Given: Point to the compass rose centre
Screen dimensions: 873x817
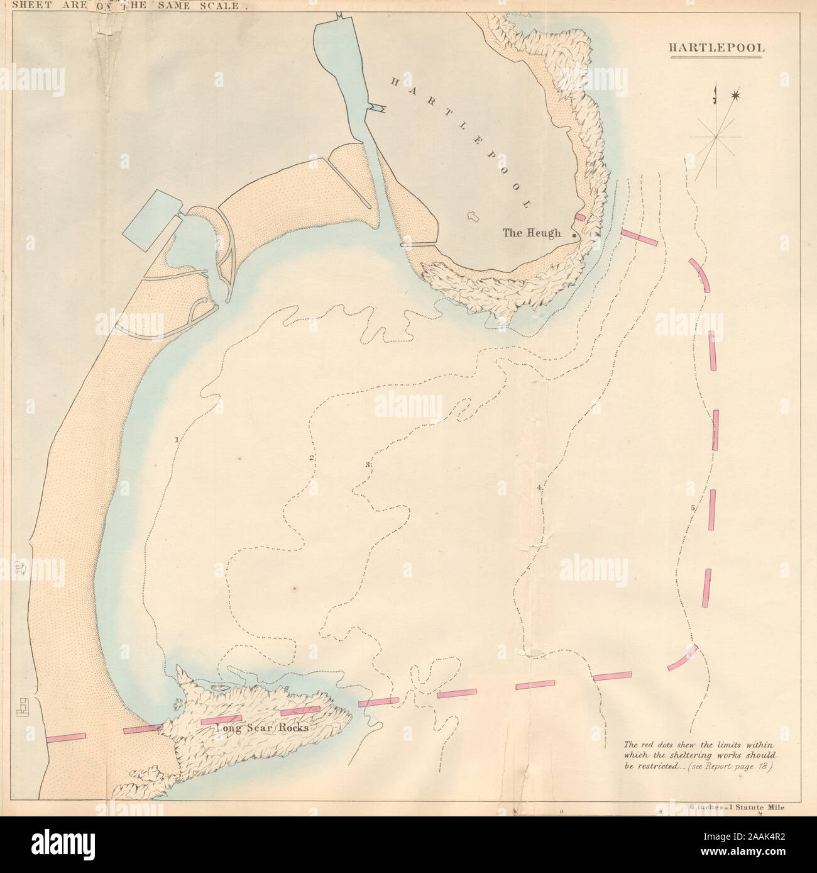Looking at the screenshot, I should [716, 136].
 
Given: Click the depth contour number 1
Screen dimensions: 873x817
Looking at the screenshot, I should [177, 439].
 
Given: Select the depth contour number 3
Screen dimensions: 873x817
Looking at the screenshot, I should [368, 465].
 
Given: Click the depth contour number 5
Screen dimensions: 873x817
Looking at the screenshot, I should [693, 508].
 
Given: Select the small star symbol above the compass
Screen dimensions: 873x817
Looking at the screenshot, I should [735, 96].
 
